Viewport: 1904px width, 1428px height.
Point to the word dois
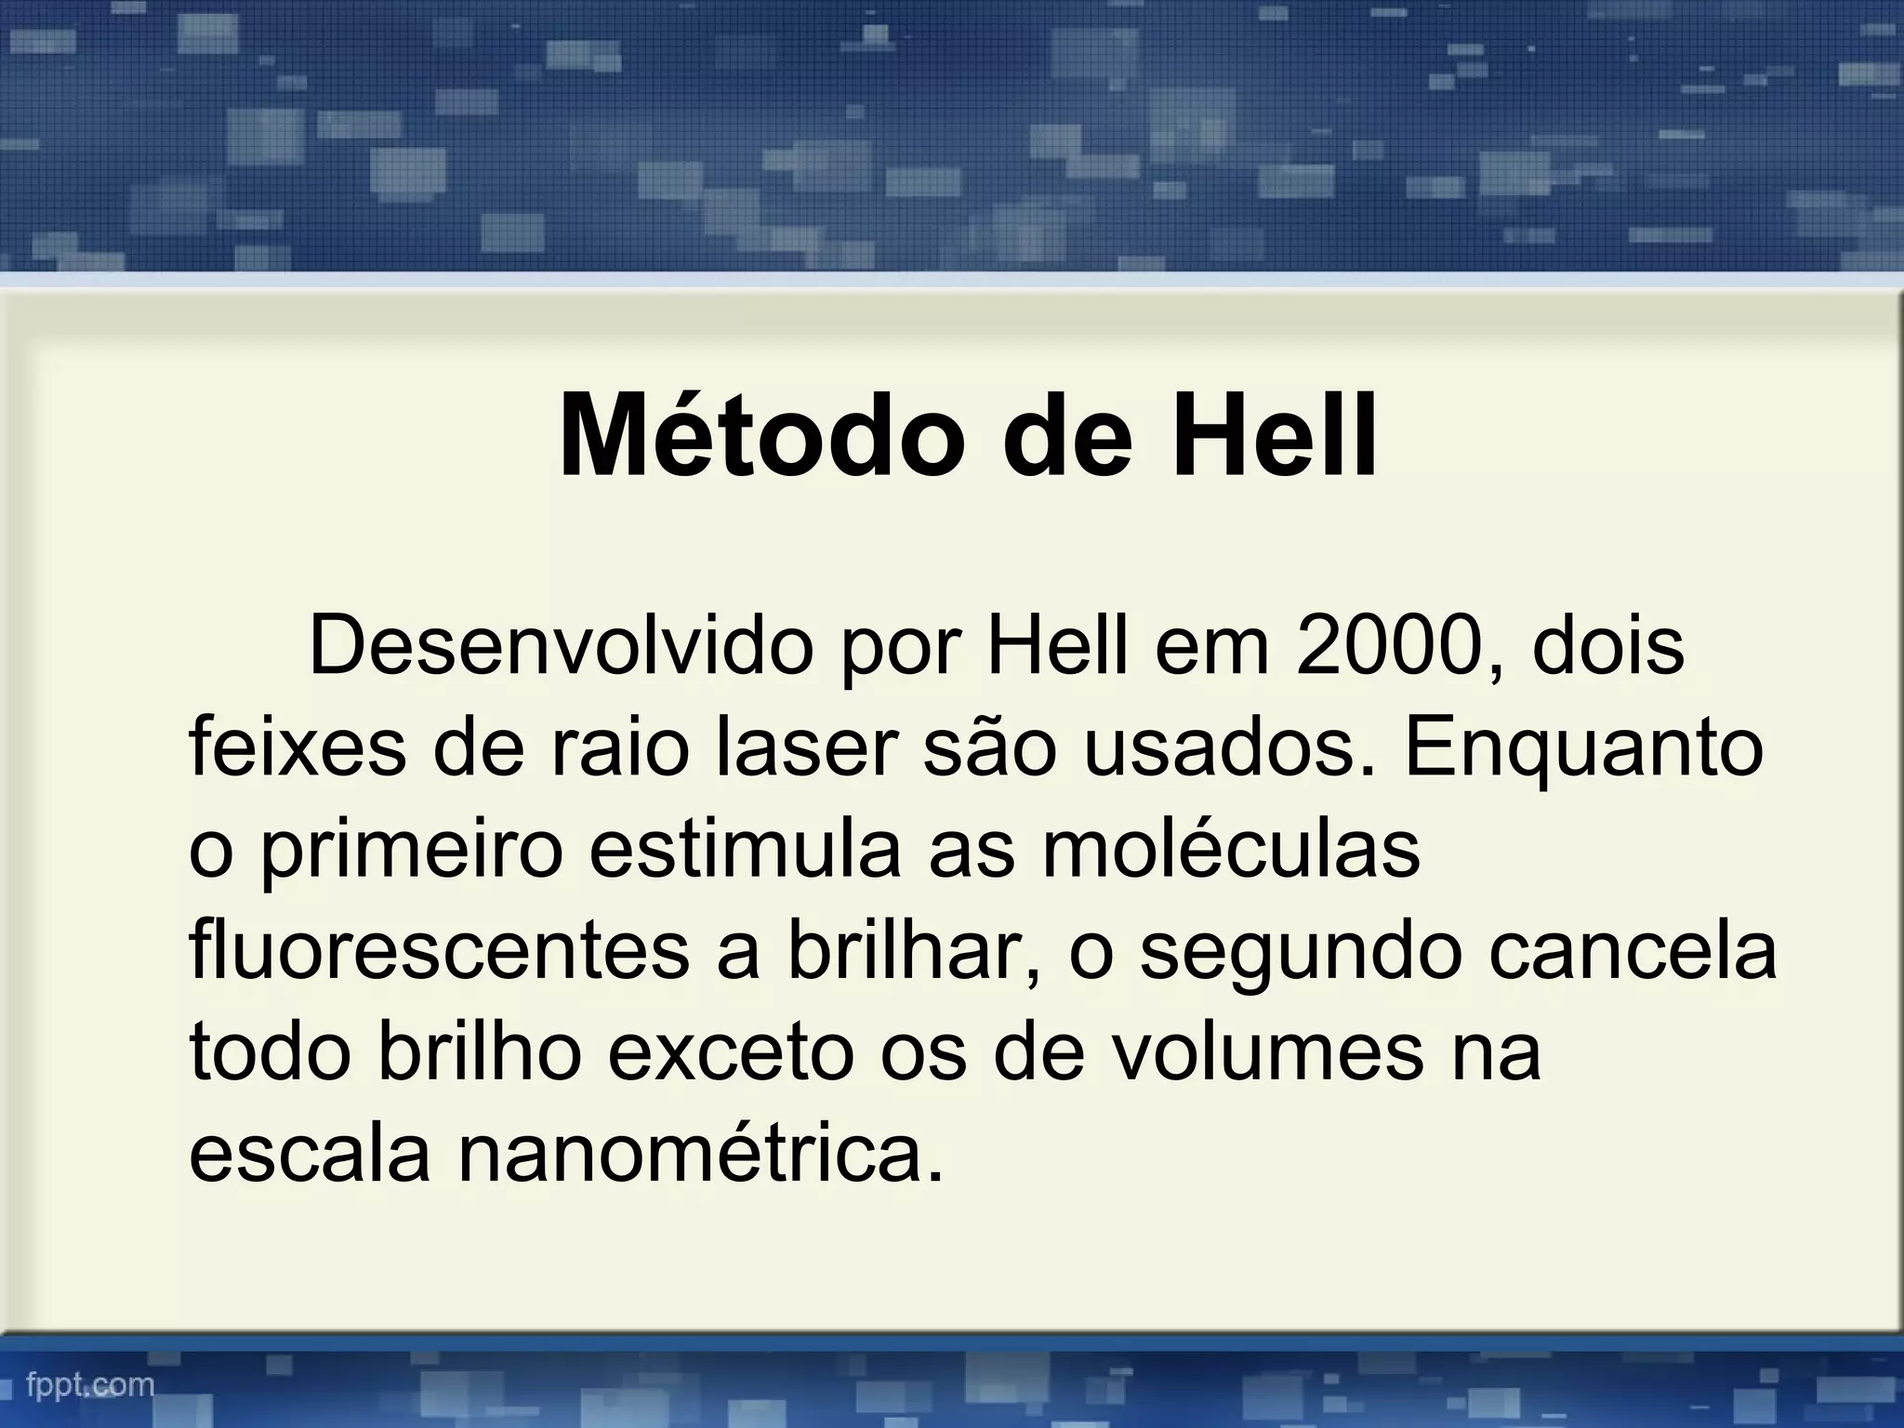point(1607,645)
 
